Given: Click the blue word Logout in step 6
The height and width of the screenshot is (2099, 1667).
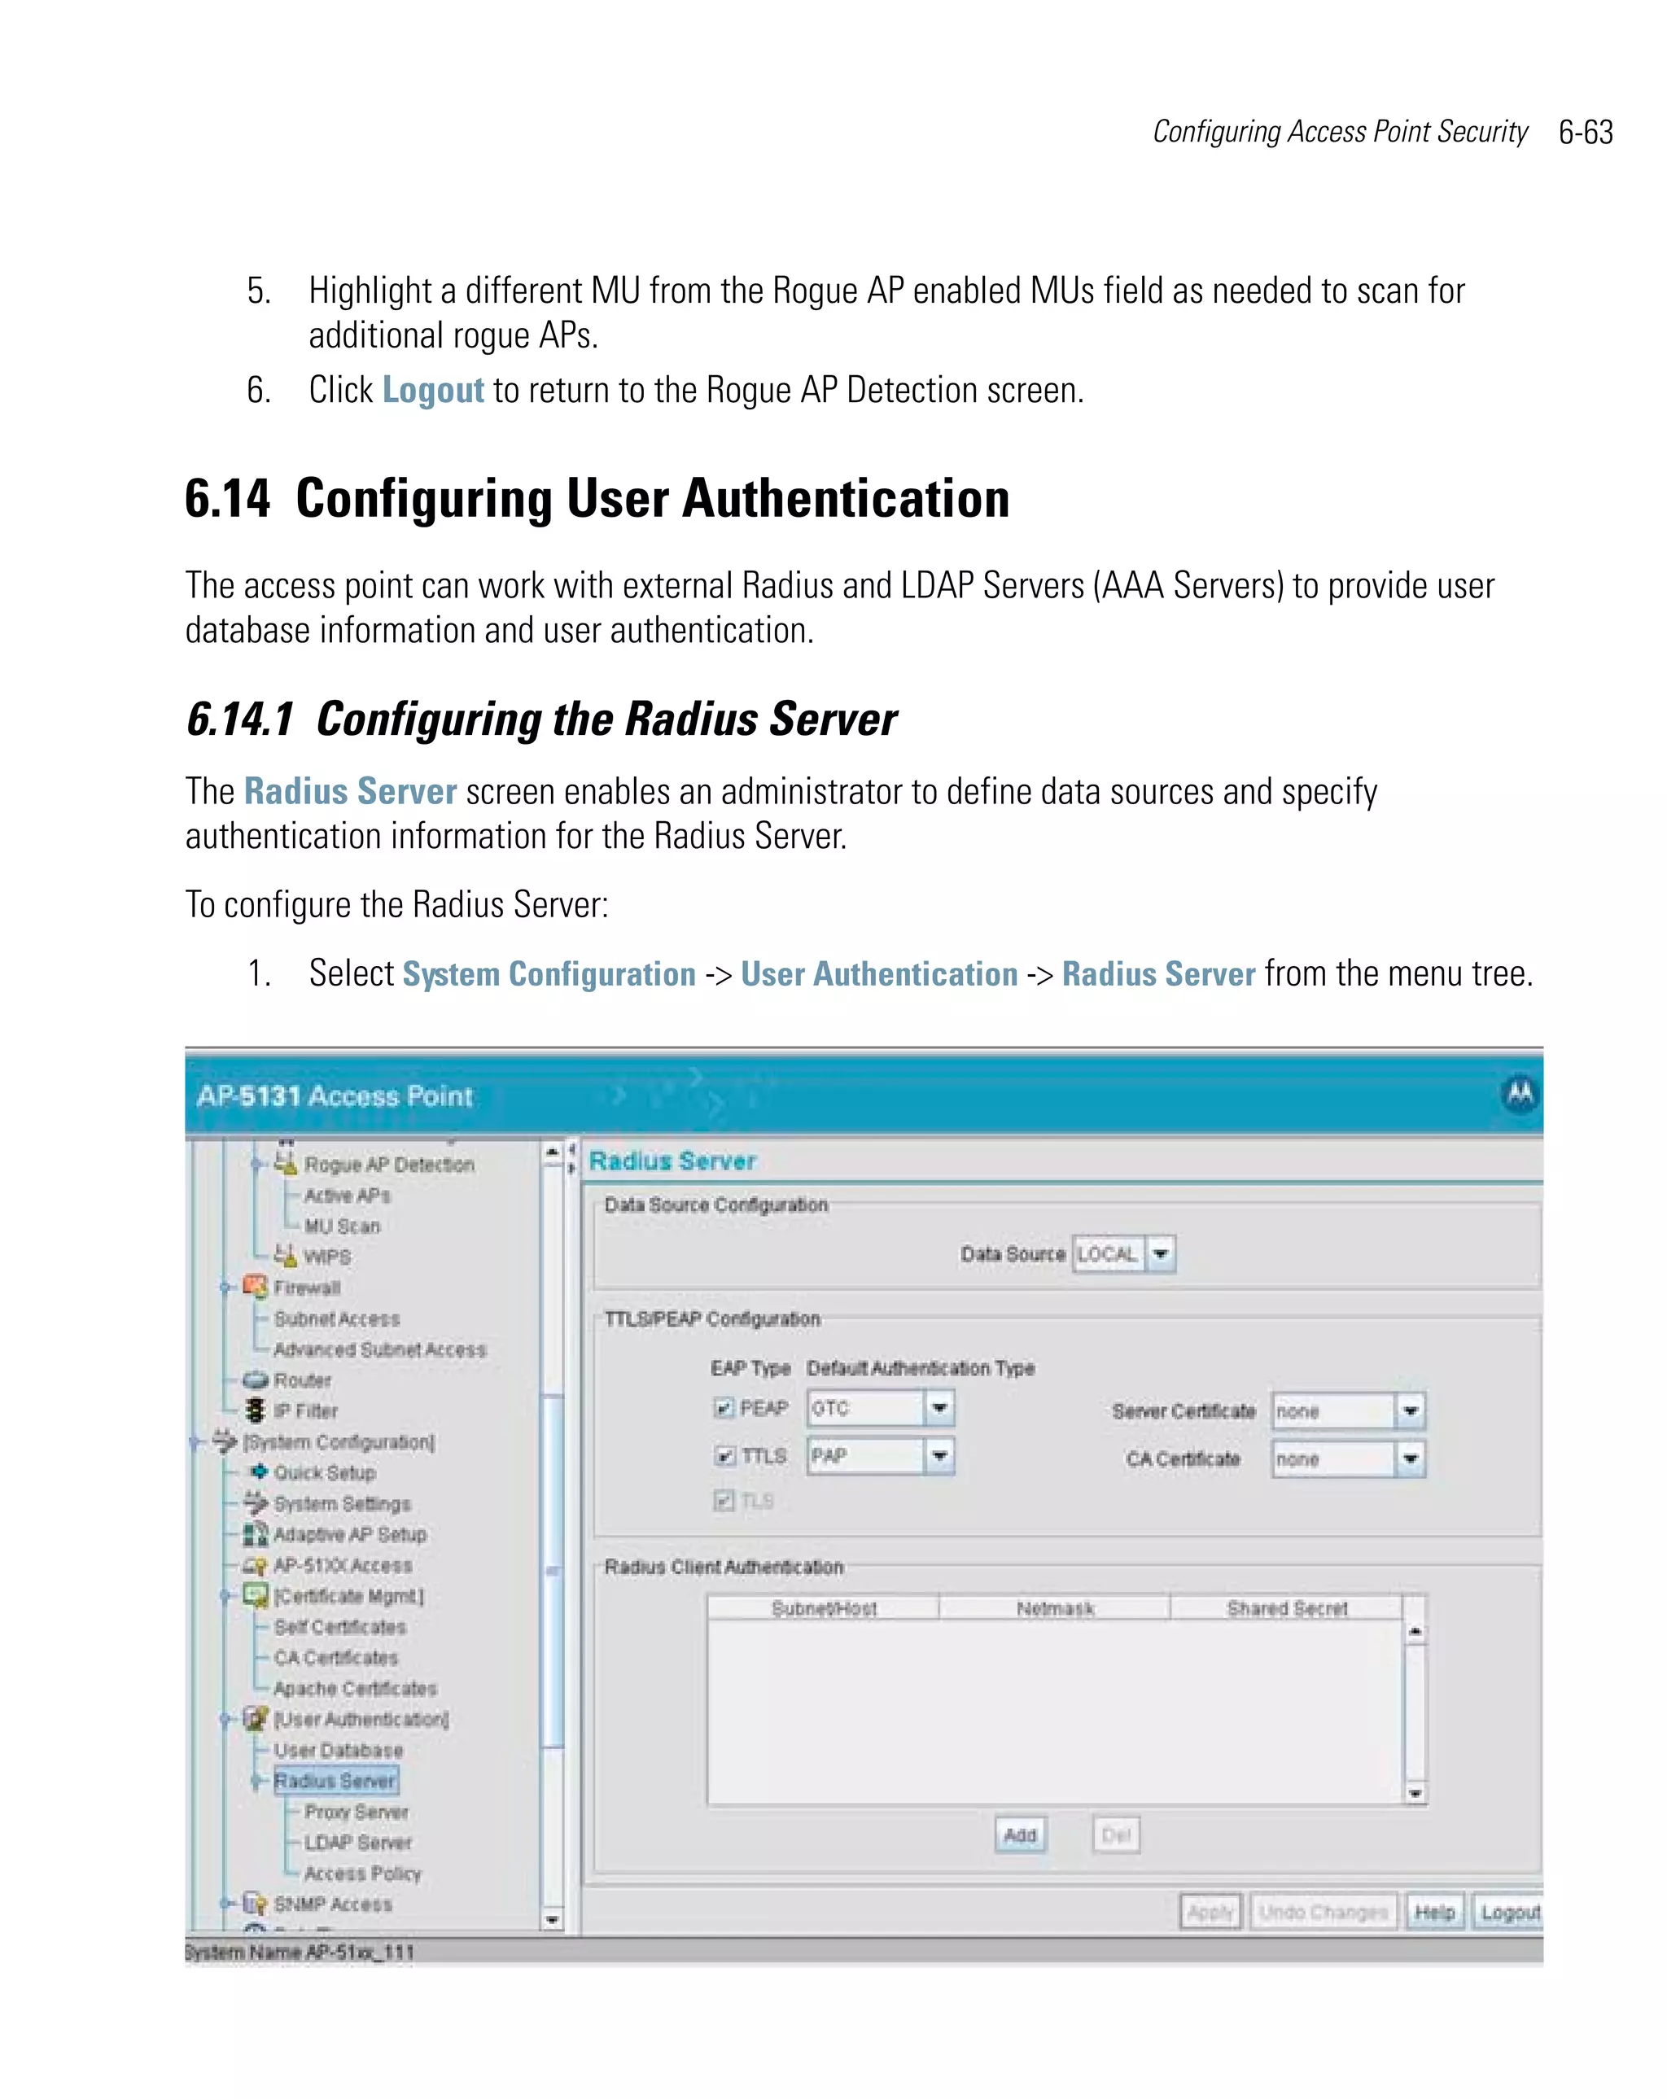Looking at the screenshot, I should point(432,391).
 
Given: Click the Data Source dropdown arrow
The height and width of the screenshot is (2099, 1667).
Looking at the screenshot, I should point(1160,1254).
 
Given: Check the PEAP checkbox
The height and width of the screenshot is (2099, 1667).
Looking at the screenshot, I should point(724,1408).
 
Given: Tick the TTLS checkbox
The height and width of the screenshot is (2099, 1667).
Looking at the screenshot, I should point(724,1457).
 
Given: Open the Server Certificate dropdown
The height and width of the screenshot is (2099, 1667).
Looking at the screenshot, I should point(1409,1410).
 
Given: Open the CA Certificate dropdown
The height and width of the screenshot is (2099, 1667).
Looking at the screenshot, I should point(1409,1459).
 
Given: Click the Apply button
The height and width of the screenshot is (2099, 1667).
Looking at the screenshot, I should point(1210,1912).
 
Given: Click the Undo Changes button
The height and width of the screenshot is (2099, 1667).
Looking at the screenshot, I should point(1323,1912).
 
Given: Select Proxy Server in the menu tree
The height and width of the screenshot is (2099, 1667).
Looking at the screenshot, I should point(357,1812).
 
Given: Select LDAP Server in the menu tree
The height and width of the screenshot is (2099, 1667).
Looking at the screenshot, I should point(357,1843).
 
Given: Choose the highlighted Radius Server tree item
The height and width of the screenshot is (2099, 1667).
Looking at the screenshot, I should point(335,1781).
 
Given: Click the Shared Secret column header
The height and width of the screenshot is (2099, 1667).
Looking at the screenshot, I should point(1286,1608).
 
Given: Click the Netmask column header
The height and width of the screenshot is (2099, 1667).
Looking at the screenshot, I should point(1055,1608).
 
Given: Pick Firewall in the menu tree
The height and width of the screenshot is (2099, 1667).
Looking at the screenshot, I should point(307,1288).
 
